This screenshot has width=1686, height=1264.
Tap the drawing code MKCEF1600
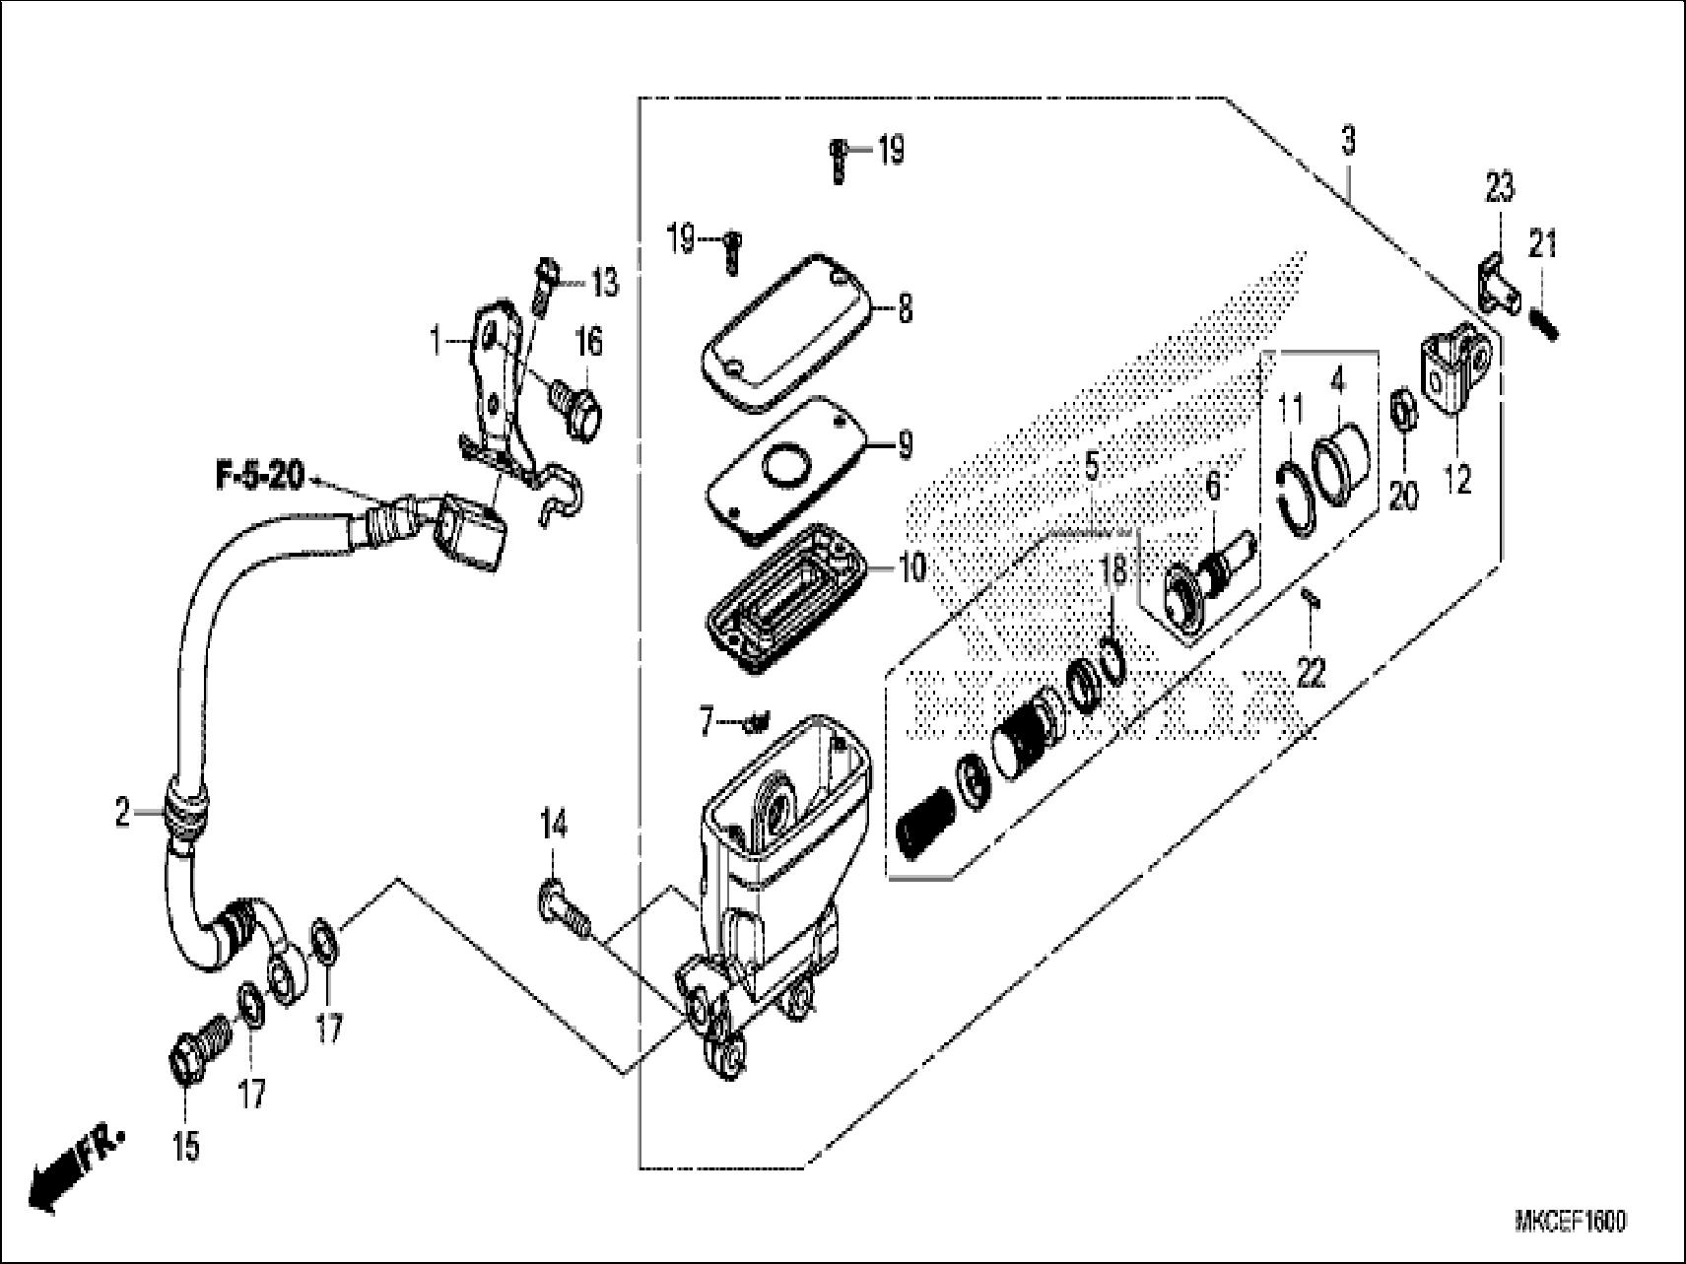pyautogui.click(x=1571, y=1222)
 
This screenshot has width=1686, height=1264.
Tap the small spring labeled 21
pyautogui.click(x=1544, y=321)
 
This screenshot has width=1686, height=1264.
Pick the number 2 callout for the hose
pyautogui.click(x=122, y=814)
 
